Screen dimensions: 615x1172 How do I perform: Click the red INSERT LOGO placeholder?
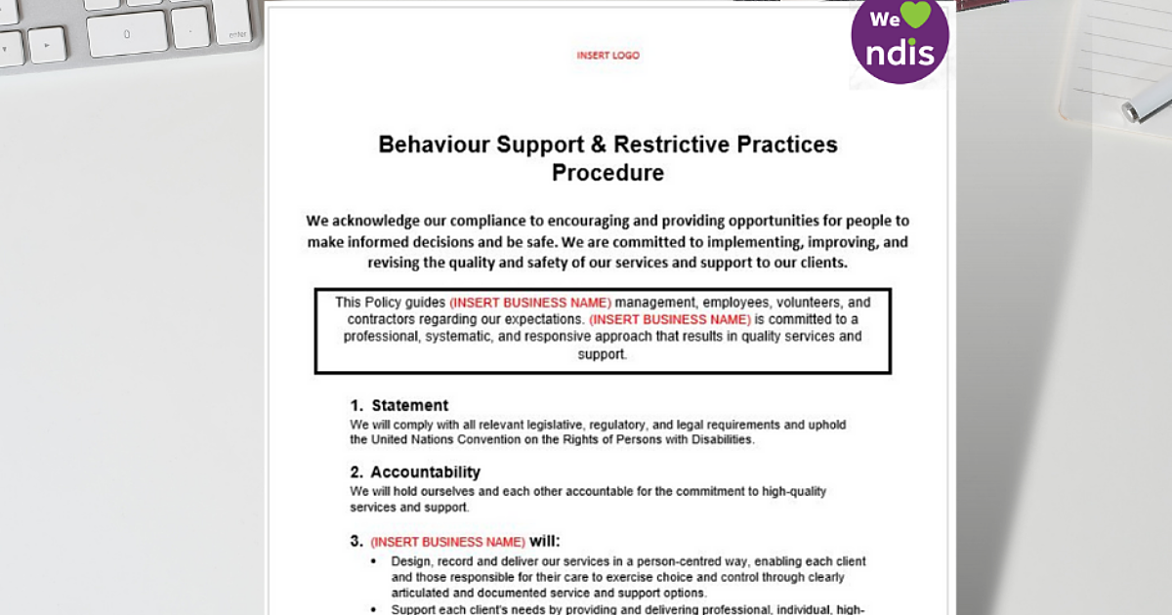tap(607, 56)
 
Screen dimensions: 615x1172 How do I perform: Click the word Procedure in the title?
tap(607, 173)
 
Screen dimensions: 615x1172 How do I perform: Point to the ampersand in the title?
tap(597, 144)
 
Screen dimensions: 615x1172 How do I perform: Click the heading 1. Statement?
tap(399, 405)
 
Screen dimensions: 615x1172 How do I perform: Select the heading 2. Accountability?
tap(415, 471)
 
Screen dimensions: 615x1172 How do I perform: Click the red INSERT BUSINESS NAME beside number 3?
tap(447, 542)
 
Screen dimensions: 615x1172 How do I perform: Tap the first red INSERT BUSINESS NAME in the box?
tap(530, 302)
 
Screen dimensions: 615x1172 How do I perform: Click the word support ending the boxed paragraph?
tap(601, 354)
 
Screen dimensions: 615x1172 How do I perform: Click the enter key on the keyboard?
tap(236, 32)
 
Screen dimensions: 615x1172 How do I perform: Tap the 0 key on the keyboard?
tap(127, 34)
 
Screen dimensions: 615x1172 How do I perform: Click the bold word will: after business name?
tap(545, 541)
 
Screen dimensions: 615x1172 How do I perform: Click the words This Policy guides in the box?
tap(390, 302)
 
